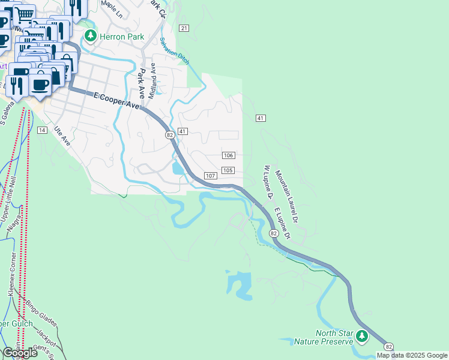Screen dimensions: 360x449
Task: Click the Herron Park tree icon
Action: (91, 36)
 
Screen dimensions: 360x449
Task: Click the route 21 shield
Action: (184, 28)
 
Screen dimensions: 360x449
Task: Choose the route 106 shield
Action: (228, 155)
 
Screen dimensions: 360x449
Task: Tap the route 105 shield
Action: (227, 170)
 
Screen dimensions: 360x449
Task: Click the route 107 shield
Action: (210, 175)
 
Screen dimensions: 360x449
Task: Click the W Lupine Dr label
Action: (267, 181)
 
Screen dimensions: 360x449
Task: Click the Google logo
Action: (20, 353)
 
